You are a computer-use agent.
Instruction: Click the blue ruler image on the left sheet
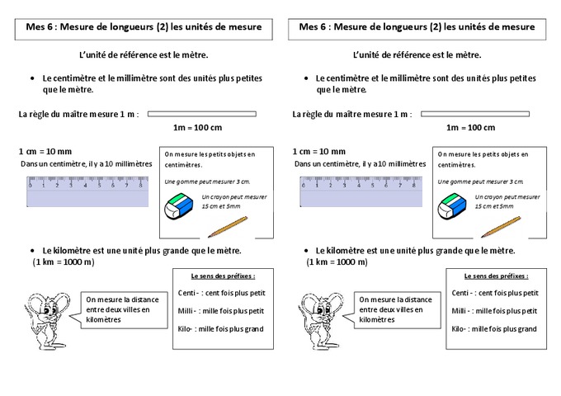pos(86,191)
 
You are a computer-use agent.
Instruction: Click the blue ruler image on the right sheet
pos(361,191)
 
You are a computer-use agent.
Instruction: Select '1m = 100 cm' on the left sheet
pos(197,128)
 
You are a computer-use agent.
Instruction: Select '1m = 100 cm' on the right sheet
pos(470,128)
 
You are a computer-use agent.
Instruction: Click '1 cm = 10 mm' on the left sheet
pos(45,152)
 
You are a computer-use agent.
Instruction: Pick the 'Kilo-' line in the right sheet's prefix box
pos(493,329)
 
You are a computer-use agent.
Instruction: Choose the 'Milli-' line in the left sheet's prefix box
pos(220,311)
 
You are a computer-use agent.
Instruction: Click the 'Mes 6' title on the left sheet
pos(143,27)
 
